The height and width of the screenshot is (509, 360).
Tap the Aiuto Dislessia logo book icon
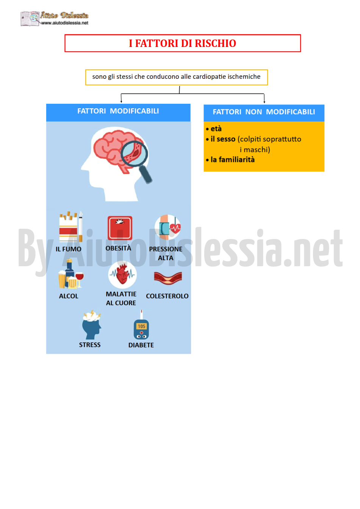(30, 19)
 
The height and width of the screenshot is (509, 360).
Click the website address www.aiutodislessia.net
(65, 23)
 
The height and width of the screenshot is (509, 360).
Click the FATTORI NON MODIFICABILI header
(264, 112)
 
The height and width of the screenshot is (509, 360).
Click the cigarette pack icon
(71, 226)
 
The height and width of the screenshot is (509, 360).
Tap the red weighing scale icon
(120, 228)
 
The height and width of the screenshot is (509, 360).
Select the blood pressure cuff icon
(167, 227)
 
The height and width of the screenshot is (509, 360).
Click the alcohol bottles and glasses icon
(71, 274)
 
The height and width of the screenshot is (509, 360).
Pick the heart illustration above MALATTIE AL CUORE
(122, 274)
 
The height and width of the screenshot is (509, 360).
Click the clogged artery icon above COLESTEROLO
(168, 278)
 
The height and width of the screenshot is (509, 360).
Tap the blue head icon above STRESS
(92, 325)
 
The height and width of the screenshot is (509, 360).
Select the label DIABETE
(141, 345)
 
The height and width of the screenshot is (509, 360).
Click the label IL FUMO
(69, 249)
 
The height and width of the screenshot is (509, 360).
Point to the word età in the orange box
(216, 129)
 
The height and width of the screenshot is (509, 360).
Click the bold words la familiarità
(233, 159)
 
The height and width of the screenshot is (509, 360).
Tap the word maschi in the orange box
(256, 150)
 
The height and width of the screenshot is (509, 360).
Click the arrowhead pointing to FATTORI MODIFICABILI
(121, 101)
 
